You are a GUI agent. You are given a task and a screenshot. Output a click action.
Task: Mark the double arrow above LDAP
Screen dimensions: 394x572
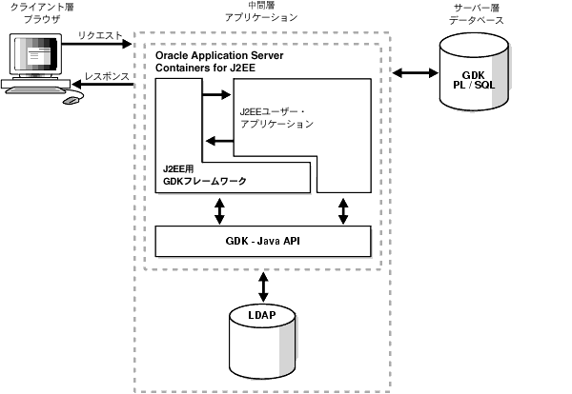262,284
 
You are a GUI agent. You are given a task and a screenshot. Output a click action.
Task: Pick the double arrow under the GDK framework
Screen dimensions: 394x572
220,209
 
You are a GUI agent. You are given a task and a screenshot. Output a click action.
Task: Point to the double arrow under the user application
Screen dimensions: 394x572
341,209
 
